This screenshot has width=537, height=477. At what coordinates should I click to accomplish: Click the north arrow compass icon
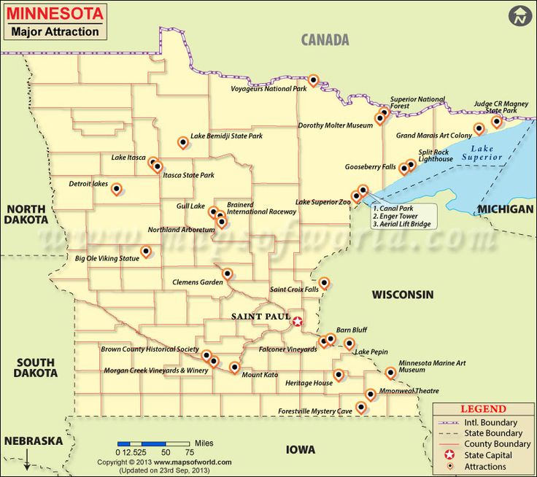coord(519,15)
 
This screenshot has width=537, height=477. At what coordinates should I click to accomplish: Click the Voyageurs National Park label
coord(268,89)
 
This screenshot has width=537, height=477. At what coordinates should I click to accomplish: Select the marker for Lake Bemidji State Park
coord(182,142)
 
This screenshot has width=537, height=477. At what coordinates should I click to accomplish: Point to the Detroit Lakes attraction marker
coord(116,189)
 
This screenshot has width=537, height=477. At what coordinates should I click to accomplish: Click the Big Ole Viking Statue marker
coord(146,252)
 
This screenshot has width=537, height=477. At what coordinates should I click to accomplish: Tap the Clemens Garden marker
coord(227,274)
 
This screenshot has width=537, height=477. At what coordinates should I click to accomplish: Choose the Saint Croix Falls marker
coord(324,282)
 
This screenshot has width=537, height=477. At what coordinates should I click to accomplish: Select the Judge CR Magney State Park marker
coord(496,121)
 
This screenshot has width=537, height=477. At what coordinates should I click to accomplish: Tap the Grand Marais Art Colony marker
coord(479,128)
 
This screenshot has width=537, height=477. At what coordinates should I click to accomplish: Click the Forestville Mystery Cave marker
coord(360,407)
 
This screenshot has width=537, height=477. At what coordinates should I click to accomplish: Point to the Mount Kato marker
coord(234,367)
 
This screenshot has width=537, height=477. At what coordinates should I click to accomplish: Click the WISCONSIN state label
coord(403,295)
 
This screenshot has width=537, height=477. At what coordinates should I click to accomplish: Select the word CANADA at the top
coord(325,40)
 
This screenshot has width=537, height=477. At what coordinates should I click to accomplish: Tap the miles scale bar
coord(153,443)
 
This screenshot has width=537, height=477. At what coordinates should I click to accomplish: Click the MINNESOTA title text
coord(55,13)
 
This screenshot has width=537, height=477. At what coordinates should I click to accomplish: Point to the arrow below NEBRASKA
coord(27,460)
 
